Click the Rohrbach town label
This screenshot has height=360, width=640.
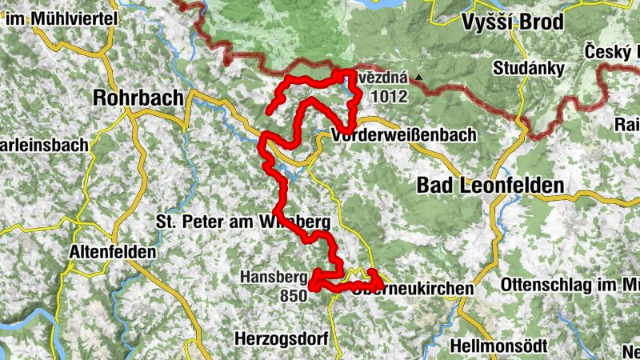138,97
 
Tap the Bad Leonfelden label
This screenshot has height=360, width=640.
490,186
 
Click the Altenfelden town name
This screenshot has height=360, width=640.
113,251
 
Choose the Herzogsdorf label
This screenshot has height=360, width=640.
282,338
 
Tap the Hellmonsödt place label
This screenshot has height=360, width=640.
499,346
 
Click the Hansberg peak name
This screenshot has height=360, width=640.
273,278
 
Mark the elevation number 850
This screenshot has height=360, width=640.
294,296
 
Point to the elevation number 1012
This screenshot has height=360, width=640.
390,97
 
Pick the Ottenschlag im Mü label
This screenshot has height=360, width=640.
569,285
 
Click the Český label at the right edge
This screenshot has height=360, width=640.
611,49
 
